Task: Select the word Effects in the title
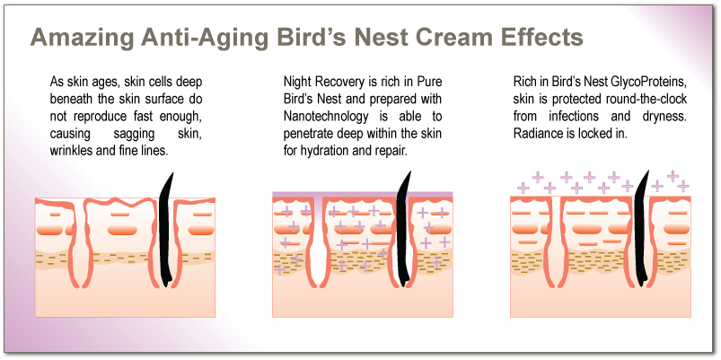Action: pyautogui.click(x=530, y=36)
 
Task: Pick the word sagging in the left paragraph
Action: pyautogui.click(x=130, y=133)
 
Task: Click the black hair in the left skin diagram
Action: pyautogui.click(x=166, y=230)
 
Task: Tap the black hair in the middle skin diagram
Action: pyautogui.click(x=403, y=229)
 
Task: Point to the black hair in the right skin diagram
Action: pyautogui.click(x=641, y=229)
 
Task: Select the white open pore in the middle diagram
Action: pyautogui.click(x=318, y=243)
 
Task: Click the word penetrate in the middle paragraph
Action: pyautogui.click(x=304, y=133)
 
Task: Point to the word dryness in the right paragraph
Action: pyautogui.click(x=664, y=116)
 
